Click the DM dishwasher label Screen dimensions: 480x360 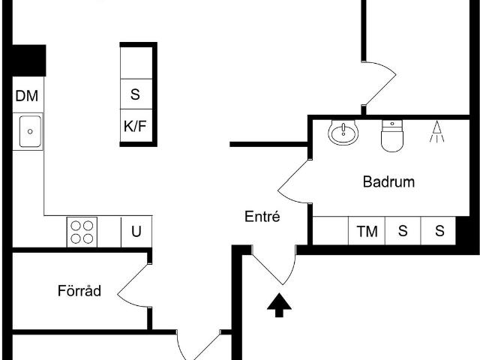coord(27,96)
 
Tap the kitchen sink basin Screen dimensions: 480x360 coord(30,131)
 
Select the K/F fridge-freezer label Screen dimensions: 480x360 coord(135,126)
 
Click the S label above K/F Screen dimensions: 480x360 coord(135,94)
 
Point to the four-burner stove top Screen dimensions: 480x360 coord(82,232)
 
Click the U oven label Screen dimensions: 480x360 coord(136,232)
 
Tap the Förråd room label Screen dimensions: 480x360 coord(79,290)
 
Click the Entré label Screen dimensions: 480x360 coord(262,217)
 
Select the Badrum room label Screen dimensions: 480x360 coord(388,181)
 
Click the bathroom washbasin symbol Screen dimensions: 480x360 coord(343,132)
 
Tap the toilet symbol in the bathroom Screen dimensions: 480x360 coord(392,136)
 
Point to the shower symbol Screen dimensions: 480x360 coord(436,132)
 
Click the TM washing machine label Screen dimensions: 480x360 coord(367,231)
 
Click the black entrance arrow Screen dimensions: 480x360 coord(279,305)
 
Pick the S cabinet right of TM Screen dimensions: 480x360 coord(403,231)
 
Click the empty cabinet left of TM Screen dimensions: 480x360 coord(331,231)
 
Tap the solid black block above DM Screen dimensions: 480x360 coord(29,60)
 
